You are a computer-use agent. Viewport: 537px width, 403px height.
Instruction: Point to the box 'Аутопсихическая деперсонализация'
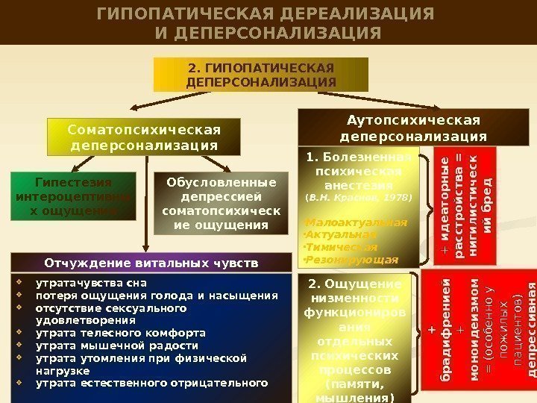412,128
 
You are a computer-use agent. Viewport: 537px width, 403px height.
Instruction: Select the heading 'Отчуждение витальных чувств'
151,263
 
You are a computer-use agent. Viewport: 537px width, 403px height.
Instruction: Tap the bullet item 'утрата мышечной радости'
117,346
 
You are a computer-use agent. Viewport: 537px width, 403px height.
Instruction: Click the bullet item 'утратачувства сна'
92,283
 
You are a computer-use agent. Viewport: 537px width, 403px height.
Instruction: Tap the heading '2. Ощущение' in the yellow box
355,284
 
